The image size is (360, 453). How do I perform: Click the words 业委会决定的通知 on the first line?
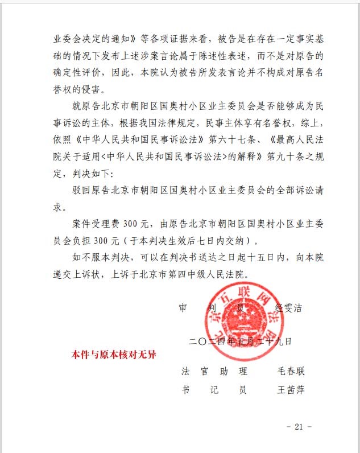coord(89,40)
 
